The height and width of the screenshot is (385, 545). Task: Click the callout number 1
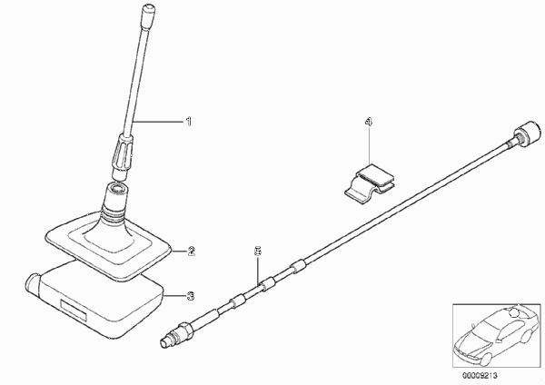click(x=188, y=122)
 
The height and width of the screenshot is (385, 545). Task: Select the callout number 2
click(x=191, y=251)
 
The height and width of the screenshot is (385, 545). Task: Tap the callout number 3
click(x=191, y=296)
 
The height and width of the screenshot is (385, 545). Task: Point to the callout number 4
click(x=369, y=122)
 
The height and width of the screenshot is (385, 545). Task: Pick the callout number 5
click(x=258, y=251)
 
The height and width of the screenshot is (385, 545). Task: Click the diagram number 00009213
click(x=480, y=376)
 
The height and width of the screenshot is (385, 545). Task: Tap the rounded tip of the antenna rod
click(x=148, y=7)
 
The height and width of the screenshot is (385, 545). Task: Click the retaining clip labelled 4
click(x=370, y=183)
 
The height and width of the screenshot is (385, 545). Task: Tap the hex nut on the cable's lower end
click(x=184, y=331)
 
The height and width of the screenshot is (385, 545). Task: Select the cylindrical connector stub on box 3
click(x=32, y=283)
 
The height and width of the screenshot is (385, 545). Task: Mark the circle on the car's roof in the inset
click(x=514, y=313)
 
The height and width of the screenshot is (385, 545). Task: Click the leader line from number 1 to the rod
click(x=158, y=122)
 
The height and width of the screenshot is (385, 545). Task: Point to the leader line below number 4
click(x=369, y=145)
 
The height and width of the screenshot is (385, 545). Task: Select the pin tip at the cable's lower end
click(x=163, y=342)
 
